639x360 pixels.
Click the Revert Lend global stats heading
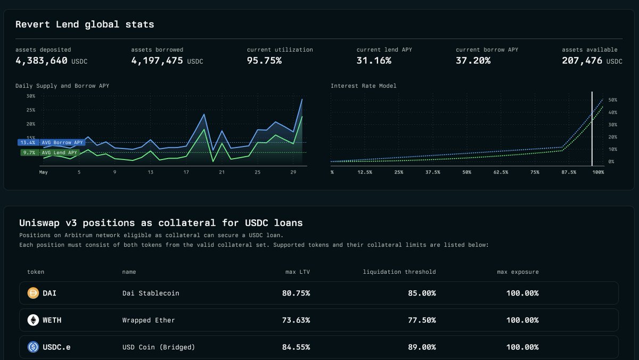click(x=85, y=24)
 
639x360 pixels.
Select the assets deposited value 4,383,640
click(x=42, y=61)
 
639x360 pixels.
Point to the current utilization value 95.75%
click(x=264, y=61)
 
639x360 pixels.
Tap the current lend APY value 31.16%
click(x=374, y=61)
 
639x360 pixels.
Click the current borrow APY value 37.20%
click(x=473, y=61)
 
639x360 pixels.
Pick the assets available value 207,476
click(x=582, y=61)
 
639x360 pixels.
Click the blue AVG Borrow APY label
click(x=62, y=143)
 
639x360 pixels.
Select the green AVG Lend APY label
click(x=59, y=153)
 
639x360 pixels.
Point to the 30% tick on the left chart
click(x=30, y=96)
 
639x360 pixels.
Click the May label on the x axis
click(x=44, y=173)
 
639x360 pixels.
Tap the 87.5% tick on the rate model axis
click(x=568, y=173)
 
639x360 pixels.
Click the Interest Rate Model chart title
click(x=363, y=86)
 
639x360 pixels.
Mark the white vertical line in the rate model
click(x=592, y=128)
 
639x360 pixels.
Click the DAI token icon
click(x=33, y=293)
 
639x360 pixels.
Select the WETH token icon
click(x=33, y=320)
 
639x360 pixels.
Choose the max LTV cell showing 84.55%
click(x=296, y=347)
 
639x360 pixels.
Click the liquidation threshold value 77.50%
click(x=422, y=320)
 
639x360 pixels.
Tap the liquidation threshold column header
click(x=399, y=272)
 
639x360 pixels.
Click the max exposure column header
click(x=518, y=272)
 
